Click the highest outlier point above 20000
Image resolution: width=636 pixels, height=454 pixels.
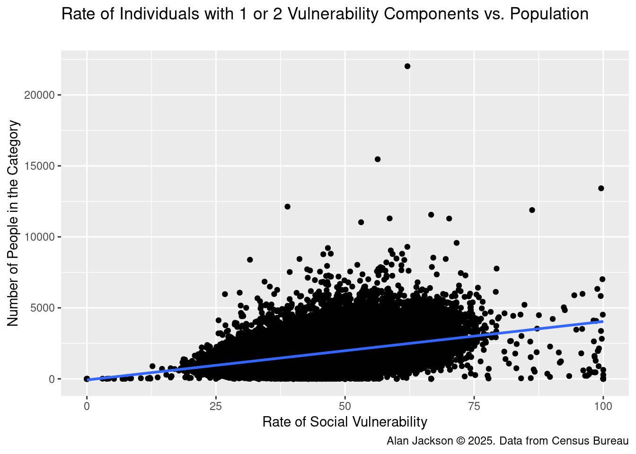click(407, 66)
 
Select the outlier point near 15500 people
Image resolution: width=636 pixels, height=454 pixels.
click(378, 159)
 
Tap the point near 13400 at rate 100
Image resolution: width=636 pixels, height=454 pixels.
click(601, 188)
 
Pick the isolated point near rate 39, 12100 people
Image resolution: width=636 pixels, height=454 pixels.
click(287, 207)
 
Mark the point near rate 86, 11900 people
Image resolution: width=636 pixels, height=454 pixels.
click(532, 210)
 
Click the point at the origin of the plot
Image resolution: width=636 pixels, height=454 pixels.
click(87, 379)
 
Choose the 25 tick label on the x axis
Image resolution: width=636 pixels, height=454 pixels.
click(216, 406)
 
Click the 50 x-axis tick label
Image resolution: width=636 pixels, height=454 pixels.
click(345, 406)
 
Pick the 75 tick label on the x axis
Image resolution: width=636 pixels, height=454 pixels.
click(474, 406)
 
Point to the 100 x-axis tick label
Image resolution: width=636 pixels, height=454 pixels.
click(603, 406)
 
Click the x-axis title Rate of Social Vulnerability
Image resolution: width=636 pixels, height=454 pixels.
click(345, 422)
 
